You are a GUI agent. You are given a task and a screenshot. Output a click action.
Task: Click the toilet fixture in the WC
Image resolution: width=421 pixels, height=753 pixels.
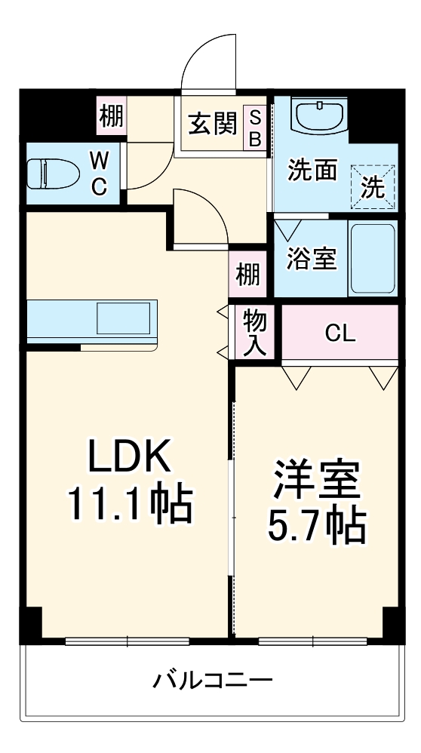click(53, 174)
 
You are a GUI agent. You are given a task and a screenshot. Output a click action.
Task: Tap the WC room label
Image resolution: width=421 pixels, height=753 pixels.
click(99, 174)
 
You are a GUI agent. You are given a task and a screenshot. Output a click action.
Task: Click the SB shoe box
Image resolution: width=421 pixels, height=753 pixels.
click(256, 128)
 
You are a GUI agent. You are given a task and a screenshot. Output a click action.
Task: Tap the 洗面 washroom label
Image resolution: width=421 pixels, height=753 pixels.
click(312, 171)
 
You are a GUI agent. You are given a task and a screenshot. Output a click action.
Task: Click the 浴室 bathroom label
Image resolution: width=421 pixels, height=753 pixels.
click(310, 259)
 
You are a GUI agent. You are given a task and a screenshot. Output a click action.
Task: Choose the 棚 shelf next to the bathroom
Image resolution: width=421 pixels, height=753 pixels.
click(247, 274)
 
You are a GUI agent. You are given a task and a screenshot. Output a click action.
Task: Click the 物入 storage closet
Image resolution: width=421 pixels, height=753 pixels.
click(254, 333)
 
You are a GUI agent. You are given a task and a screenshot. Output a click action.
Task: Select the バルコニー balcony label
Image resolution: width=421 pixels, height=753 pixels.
click(212, 681)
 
